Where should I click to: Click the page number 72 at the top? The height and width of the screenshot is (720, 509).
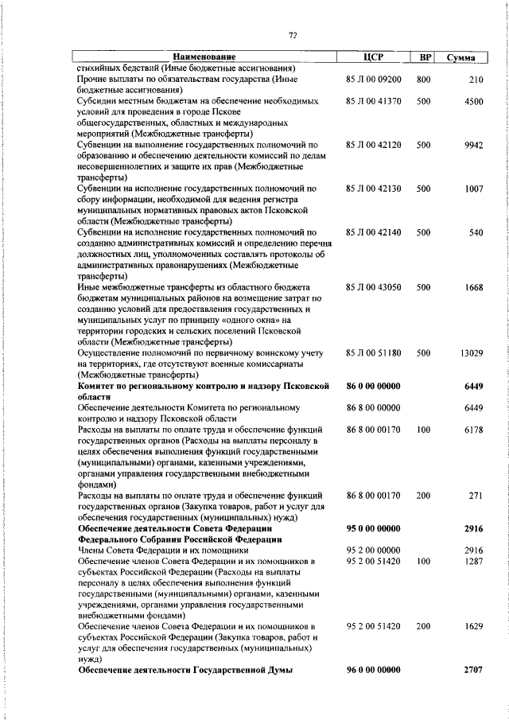click(x=293, y=35)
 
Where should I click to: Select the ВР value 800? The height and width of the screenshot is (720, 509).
click(x=423, y=80)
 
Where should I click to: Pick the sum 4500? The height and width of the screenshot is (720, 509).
click(x=473, y=102)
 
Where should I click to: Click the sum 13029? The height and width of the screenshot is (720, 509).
click(x=471, y=352)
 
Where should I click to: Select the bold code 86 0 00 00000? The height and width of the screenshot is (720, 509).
click(x=373, y=385)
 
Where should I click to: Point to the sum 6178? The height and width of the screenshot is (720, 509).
click(x=473, y=429)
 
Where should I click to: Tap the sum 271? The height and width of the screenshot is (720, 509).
click(x=476, y=495)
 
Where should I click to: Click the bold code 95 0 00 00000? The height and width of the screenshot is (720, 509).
click(x=373, y=527)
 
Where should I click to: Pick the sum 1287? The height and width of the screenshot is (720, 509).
click(x=473, y=561)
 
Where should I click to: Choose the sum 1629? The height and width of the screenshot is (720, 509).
click(x=473, y=627)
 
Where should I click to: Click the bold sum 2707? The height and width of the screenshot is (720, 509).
click(x=473, y=671)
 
